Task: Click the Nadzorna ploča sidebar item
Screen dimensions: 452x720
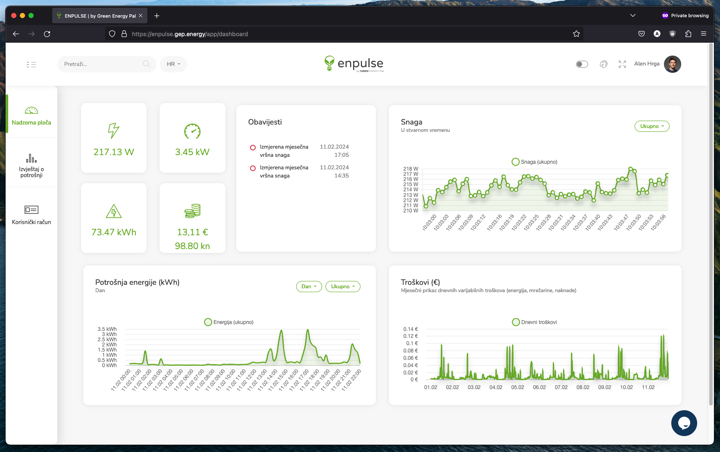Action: coord(31,116)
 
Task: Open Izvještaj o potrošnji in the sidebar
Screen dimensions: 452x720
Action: coord(31,165)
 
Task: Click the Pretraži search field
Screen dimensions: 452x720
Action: coord(102,64)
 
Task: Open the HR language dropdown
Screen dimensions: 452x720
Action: coord(173,64)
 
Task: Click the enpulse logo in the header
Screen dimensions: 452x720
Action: coord(354,64)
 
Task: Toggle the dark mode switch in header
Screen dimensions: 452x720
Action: coord(582,64)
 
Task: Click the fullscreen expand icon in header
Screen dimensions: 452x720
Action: coord(622,64)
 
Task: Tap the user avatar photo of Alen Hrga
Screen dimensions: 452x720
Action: coord(672,64)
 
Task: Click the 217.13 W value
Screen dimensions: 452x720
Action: coord(114,152)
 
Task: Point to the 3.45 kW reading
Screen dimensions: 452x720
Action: coord(192,152)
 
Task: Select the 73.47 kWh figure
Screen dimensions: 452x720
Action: coord(114,232)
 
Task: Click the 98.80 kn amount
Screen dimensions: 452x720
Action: coord(192,246)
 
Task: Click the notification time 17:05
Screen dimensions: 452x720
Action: coord(341,155)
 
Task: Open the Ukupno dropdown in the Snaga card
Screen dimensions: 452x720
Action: coord(651,126)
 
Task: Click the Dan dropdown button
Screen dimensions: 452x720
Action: coord(309,287)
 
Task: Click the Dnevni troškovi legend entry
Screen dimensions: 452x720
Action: coord(535,322)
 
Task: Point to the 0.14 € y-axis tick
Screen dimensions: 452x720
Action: coord(410,329)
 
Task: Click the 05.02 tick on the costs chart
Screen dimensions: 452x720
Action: coord(517,387)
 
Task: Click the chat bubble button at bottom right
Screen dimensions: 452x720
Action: coord(684,423)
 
